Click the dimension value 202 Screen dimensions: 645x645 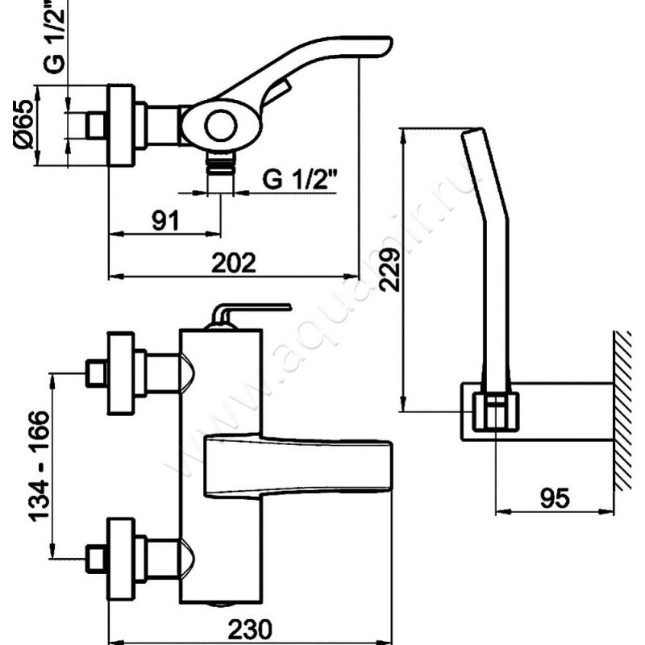pyautogui.click(x=234, y=263)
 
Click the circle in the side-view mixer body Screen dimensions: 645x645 pyautogui.click(x=219, y=126)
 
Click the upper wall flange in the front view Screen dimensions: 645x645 pyautogui.click(x=120, y=372)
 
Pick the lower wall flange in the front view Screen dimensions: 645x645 pyautogui.click(x=120, y=556)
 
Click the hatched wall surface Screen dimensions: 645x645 pyautogui.click(x=622, y=411)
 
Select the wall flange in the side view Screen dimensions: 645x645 pyautogui.click(x=122, y=125)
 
